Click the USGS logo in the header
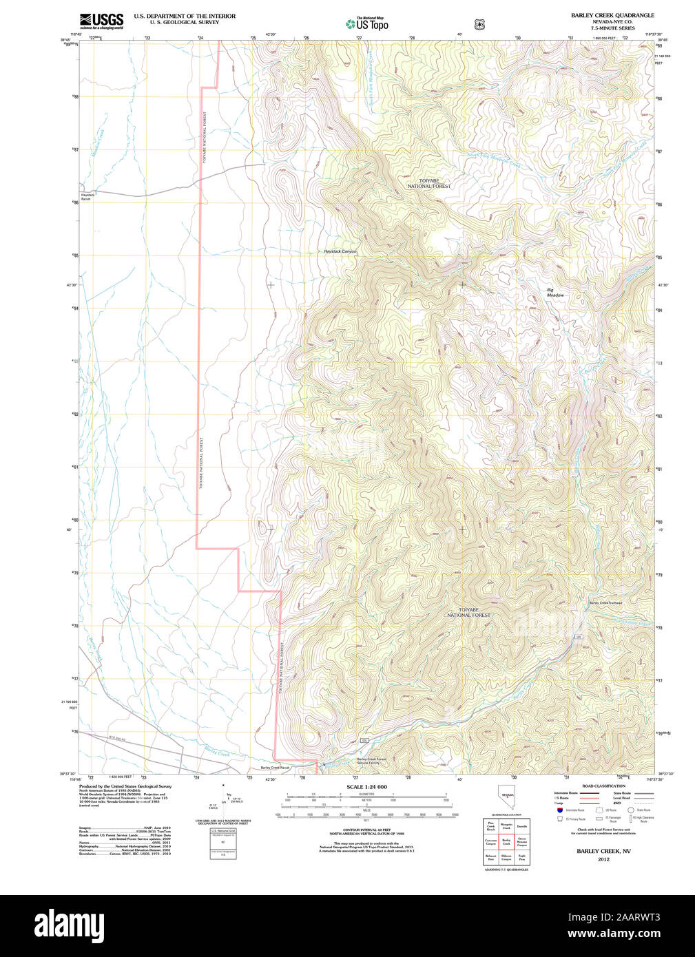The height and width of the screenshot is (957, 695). [101, 21]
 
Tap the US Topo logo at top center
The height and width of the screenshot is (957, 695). [367, 24]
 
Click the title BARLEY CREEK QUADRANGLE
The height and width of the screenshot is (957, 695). [612, 15]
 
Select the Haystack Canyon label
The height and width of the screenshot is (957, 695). [340, 252]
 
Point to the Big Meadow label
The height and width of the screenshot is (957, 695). [554, 293]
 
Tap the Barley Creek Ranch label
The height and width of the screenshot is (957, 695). [275, 768]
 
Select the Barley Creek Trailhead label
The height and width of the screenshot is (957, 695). [605, 603]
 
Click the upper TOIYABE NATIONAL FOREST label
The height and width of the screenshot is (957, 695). [428, 183]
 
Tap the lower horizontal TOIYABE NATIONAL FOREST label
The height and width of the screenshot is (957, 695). [468, 612]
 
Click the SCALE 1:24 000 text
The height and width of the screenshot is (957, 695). [366, 787]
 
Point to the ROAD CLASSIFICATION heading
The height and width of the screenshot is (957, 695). [603, 786]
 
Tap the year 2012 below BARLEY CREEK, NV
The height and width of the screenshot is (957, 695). [603, 859]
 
